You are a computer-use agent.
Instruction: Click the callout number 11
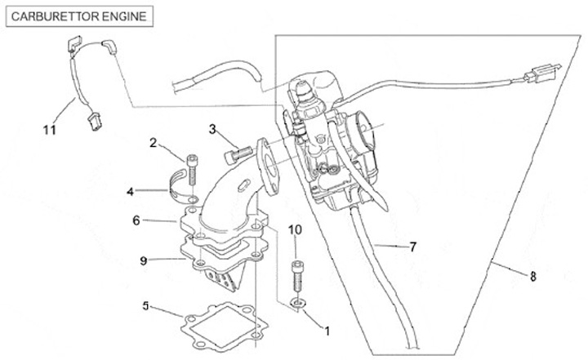tap(51, 127)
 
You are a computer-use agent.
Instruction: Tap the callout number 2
tap(153, 143)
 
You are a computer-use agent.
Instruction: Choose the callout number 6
tap(137, 220)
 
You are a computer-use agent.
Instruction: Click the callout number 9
tap(144, 260)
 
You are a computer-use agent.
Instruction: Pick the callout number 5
tap(146, 306)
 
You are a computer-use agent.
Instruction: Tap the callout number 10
tap(296, 230)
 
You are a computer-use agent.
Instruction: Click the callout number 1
tap(327, 331)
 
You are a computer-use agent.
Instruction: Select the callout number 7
tap(413, 246)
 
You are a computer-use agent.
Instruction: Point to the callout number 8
tap(533, 276)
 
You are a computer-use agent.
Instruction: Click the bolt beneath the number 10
tap(297, 277)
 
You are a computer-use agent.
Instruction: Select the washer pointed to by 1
tap(298, 305)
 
